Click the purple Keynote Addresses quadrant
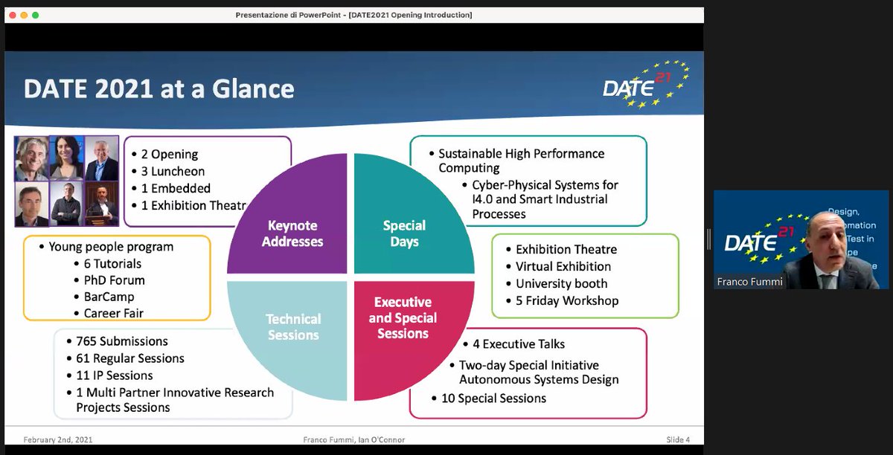tap(293, 223)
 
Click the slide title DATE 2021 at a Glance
tap(159, 89)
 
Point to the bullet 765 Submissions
tap(121, 341)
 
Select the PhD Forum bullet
tap(109, 280)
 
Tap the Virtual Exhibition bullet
tap(563, 266)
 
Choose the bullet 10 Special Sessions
tap(494, 398)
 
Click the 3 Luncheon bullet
tap(173, 172)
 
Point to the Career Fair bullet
tap(113, 314)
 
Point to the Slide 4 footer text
tap(677, 439)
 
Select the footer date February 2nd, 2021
tap(58, 439)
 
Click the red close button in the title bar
tap(12, 15)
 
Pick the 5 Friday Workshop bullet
tap(566, 300)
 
